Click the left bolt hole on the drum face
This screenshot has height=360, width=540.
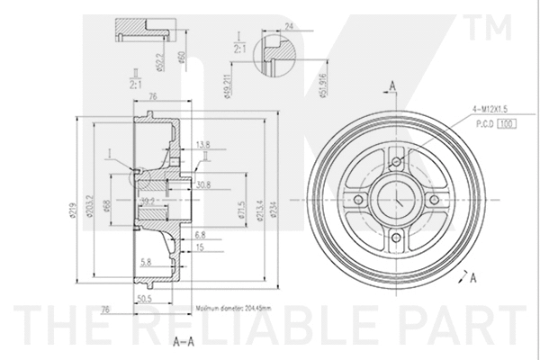pyautogui.click(x=357, y=199)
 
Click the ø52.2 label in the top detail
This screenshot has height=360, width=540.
pyautogui.click(x=159, y=61)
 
